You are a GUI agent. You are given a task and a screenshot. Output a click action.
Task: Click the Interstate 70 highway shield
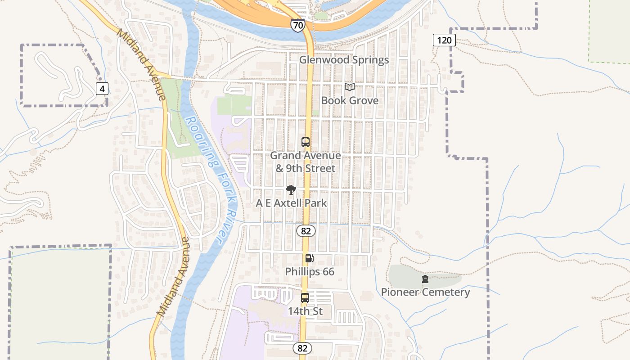(x=297, y=25)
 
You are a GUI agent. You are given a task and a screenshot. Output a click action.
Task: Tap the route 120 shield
(x=444, y=40)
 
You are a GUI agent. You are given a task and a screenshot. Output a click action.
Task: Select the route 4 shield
(x=102, y=89)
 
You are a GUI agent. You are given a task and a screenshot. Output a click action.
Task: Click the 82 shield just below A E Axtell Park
(x=306, y=231)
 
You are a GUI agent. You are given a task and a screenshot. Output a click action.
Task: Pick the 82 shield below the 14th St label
(x=302, y=348)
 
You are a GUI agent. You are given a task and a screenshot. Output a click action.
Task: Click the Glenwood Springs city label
(x=344, y=60)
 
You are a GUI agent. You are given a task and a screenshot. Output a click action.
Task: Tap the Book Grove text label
(x=350, y=100)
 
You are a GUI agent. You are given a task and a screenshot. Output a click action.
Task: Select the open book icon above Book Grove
(x=350, y=87)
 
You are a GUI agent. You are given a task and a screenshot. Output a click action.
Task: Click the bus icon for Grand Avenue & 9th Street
(x=306, y=142)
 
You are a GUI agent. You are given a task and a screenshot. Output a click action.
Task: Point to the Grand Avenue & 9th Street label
(x=306, y=162)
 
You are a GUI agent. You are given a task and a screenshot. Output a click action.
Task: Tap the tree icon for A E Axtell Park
(x=291, y=190)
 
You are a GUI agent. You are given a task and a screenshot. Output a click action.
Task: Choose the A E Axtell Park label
(x=291, y=203)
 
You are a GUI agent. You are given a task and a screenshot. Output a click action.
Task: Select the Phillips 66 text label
(x=310, y=272)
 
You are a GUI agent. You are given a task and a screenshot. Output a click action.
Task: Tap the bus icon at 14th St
(x=305, y=297)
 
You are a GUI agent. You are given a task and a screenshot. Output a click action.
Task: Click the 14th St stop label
(x=305, y=311)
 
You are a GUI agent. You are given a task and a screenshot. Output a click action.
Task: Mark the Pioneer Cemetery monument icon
(x=425, y=279)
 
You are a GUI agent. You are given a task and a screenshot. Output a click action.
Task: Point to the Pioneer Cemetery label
(x=425, y=292)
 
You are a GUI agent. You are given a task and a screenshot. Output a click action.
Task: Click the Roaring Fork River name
(x=211, y=180)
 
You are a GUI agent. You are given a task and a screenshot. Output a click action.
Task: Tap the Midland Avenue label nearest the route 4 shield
(x=142, y=64)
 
